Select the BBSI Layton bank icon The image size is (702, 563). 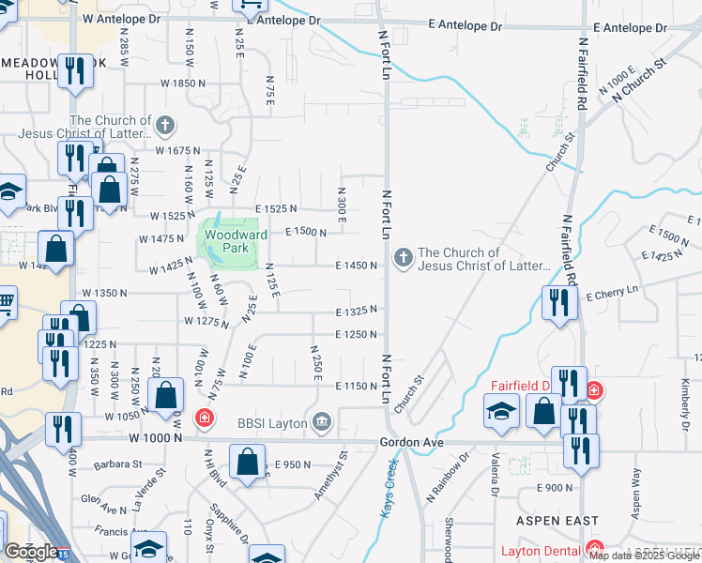(323, 422)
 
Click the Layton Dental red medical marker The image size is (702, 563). (593, 550)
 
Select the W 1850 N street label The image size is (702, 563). (182, 84)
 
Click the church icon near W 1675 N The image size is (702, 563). (164, 125)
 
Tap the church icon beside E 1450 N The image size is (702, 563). (404, 257)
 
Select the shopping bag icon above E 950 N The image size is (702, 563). (247, 461)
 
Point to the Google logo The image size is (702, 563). (31, 552)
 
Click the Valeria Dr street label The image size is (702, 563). (493, 488)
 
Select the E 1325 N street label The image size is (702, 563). (357, 311)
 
